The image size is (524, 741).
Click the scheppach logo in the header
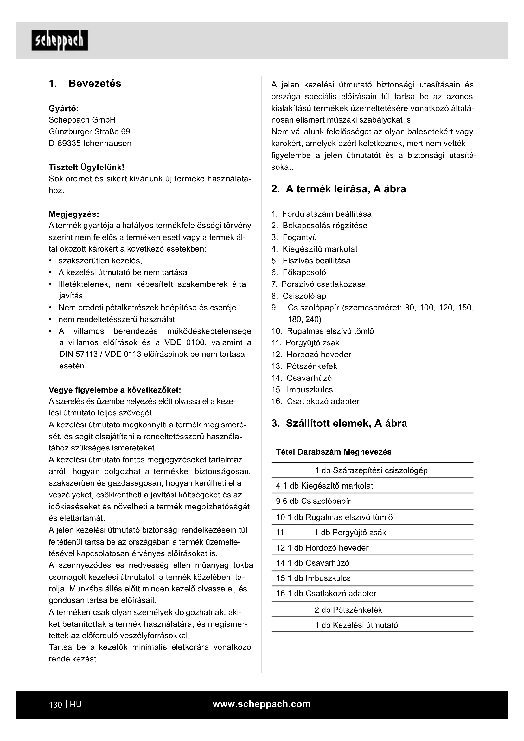click(60, 40)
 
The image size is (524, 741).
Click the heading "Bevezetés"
click(95, 84)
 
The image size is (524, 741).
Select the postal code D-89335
click(65, 143)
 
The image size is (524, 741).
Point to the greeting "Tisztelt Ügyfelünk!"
click(86, 167)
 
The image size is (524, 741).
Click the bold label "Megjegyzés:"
click(74, 214)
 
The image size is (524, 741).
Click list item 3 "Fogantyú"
click(299, 237)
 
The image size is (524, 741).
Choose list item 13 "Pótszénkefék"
click(312, 366)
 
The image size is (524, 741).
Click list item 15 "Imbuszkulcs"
click(310, 390)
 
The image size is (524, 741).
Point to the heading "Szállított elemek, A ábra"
click(346, 424)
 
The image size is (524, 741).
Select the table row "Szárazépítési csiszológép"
click(371, 470)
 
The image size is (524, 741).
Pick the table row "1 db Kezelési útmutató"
click(356, 625)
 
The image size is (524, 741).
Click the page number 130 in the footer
click(55, 705)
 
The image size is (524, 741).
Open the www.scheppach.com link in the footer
click(262, 704)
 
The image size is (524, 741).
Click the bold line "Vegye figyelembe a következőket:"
click(115, 390)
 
